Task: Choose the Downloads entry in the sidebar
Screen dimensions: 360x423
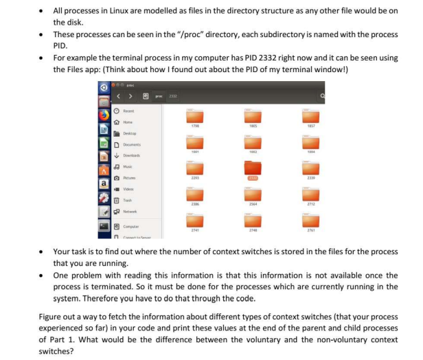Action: [137, 156]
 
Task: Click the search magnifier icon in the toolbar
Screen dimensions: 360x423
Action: [320, 98]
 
